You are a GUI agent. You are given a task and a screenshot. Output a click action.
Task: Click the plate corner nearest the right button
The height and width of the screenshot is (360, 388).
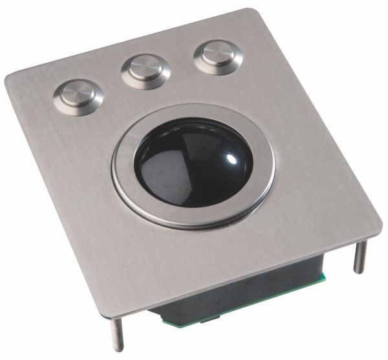(246, 12)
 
